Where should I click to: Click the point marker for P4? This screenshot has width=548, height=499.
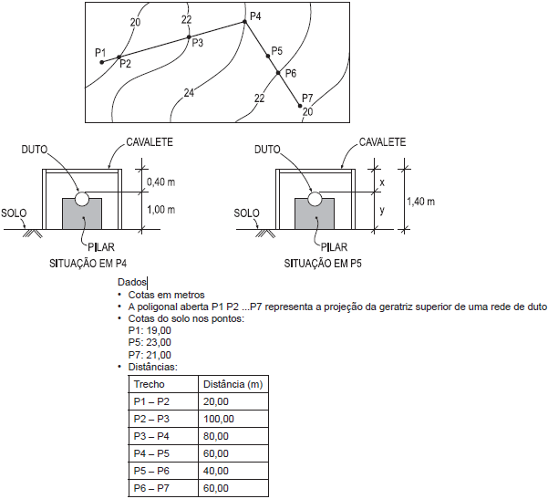point(243,22)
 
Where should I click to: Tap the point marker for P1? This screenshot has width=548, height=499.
point(101,61)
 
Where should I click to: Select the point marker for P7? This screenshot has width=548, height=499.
point(301,106)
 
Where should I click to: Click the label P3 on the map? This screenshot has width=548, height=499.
point(197,43)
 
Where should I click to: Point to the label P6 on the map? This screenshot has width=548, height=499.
point(290,73)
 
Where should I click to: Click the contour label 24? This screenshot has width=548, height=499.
point(189,93)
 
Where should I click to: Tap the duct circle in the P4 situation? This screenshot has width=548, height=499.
point(82,197)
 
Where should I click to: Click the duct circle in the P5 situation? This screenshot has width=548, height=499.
point(315,198)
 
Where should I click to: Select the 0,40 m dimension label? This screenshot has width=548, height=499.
point(160,182)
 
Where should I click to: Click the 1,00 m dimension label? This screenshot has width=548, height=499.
point(160,209)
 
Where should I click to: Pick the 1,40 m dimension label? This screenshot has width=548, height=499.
point(420,201)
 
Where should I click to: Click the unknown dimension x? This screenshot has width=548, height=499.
point(381,182)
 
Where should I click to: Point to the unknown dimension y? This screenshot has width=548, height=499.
point(381,210)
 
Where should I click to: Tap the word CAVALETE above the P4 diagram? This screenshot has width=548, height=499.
point(149,143)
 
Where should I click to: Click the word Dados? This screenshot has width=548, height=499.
point(132,284)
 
